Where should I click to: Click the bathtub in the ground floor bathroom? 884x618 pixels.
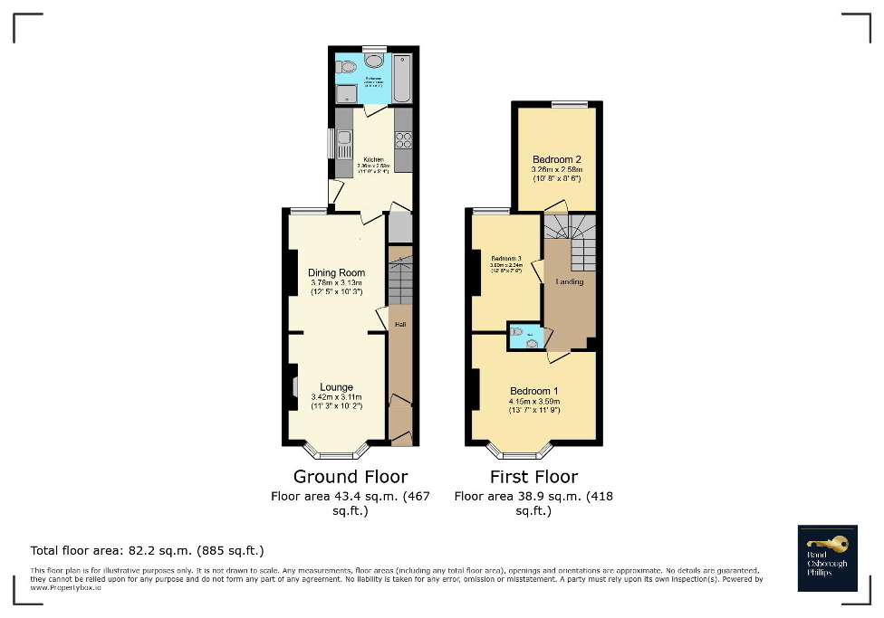click(x=403, y=79)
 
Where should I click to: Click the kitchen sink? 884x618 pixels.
click(x=344, y=140)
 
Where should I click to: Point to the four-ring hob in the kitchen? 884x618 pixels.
click(x=403, y=139)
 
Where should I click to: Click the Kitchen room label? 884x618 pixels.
click(x=373, y=159)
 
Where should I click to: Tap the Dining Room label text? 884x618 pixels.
click(x=336, y=272)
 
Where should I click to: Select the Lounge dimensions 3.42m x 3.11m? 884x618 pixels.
click(x=335, y=397)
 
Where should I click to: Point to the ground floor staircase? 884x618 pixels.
click(x=399, y=280)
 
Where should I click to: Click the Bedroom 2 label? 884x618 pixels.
click(x=556, y=159)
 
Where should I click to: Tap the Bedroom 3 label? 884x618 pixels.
click(x=506, y=257)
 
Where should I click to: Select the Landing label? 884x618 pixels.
click(x=570, y=281)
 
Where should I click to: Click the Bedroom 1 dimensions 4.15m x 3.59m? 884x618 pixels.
click(x=533, y=401)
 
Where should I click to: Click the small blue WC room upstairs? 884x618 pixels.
click(x=525, y=337)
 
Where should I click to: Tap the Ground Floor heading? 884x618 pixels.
click(x=350, y=476)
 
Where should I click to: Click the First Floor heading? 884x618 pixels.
click(x=533, y=476)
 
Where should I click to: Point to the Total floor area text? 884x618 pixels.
click(x=147, y=550)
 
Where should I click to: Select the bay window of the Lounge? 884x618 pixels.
click(x=335, y=450)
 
